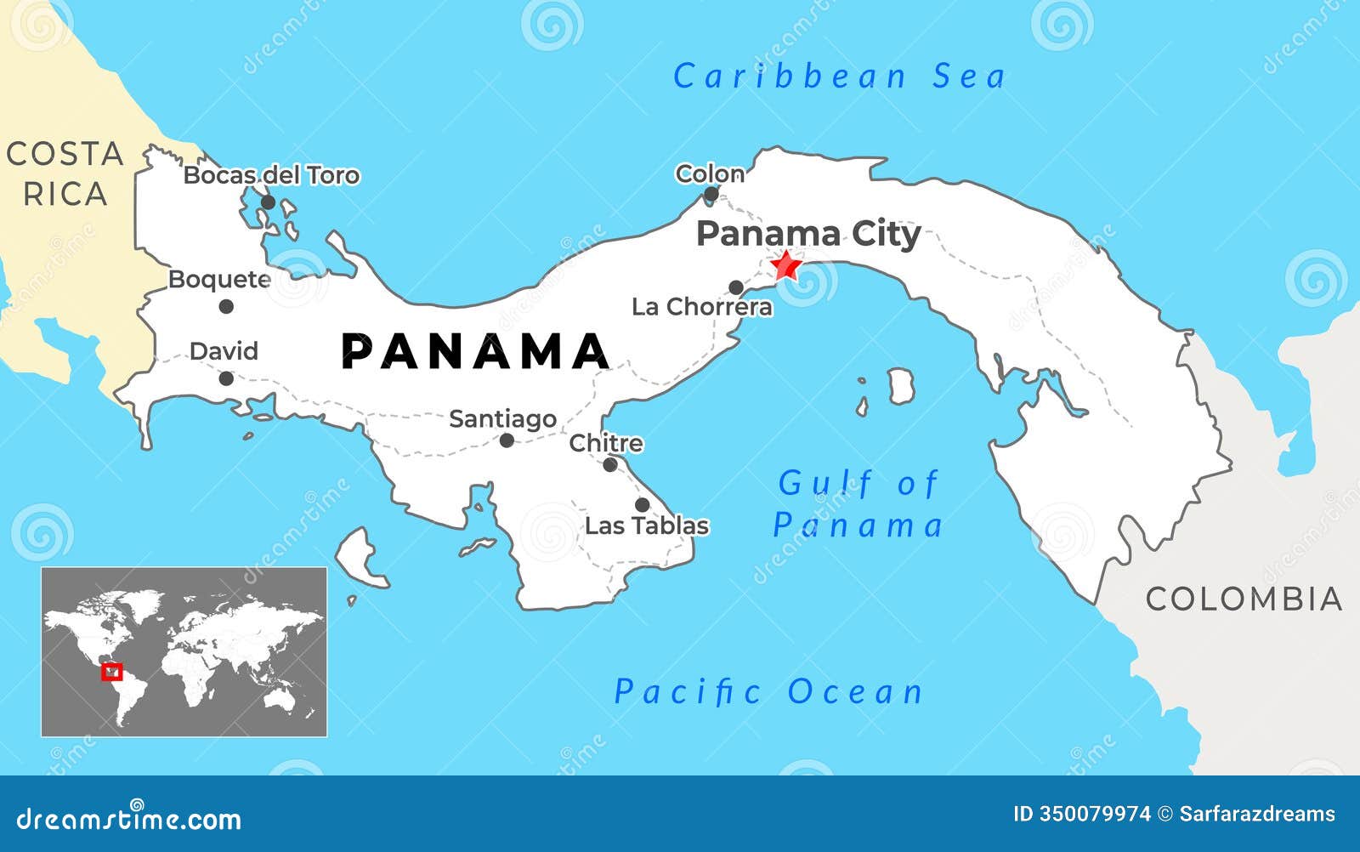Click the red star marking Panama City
(x=785, y=266)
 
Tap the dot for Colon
(x=711, y=194)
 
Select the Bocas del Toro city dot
(x=268, y=202)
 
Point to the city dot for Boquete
(x=226, y=306)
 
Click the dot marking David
(x=226, y=378)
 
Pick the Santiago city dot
(x=507, y=440)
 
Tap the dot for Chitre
(x=610, y=464)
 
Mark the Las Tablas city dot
(x=643, y=505)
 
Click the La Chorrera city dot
(x=736, y=287)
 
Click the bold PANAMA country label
(x=475, y=351)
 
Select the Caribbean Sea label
(x=839, y=77)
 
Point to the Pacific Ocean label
(x=768, y=692)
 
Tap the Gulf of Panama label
(x=858, y=504)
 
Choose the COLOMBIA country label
(x=1244, y=599)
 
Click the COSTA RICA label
(x=65, y=174)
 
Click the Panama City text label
(x=808, y=233)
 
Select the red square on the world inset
(x=112, y=672)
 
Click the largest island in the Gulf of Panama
(x=900, y=386)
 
